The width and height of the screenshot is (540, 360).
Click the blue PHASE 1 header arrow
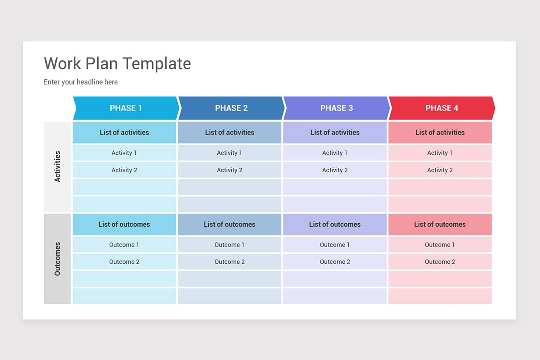pos(126,108)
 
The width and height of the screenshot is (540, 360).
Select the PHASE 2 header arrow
pos(231,108)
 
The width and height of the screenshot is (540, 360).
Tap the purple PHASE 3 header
pos(337,108)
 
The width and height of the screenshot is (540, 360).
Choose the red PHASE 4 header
pos(441,108)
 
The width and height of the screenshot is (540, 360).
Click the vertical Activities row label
pos(57,166)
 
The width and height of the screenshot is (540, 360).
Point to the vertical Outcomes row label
pos(57,259)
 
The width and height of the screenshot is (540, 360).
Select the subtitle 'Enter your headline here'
pos(81,82)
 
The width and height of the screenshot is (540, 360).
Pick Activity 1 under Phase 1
pos(124,153)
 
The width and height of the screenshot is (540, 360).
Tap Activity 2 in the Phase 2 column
pos(229,170)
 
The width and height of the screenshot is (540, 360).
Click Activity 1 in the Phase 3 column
pos(335,153)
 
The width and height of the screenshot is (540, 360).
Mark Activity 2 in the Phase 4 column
pos(440,170)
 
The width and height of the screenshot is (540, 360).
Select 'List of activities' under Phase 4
pos(440,132)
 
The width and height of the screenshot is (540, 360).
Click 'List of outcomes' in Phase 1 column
pos(124,224)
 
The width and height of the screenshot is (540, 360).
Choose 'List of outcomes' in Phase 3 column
pos(335,224)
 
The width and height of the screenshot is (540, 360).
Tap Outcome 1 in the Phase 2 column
pos(229,245)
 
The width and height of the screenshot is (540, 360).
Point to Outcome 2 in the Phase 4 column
pos(440,262)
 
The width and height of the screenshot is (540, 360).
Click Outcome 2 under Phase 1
pos(124,262)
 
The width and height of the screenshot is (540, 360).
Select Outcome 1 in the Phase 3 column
pos(335,245)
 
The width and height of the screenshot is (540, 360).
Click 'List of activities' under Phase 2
pos(229,132)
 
